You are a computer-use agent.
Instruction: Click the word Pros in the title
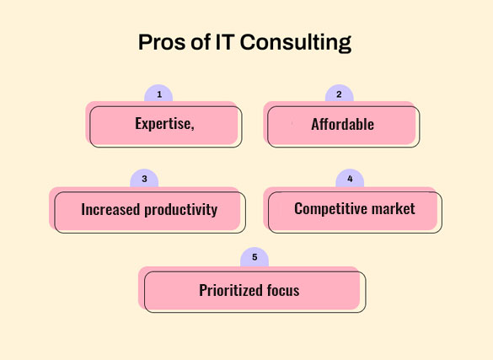pyautogui.click(x=163, y=42)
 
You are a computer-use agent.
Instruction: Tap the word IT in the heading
pyautogui.click(x=225, y=42)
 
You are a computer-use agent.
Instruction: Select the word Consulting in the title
pyautogui.click(x=296, y=43)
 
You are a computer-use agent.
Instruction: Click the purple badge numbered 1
pyautogui.click(x=158, y=93)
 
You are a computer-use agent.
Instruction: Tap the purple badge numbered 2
pyautogui.click(x=340, y=93)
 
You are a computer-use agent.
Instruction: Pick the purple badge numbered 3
pyautogui.click(x=144, y=178)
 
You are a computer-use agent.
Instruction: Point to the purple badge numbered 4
pyautogui.click(x=350, y=178)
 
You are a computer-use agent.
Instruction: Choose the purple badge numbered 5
pyautogui.click(x=255, y=257)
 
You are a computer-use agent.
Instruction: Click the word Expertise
pyautogui.click(x=163, y=124)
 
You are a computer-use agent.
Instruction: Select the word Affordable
pyautogui.click(x=343, y=124)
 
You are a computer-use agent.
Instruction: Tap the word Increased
pyautogui.click(x=110, y=209)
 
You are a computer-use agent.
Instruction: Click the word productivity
pyautogui.click(x=181, y=210)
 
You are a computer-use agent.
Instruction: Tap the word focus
pyautogui.click(x=283, y=290)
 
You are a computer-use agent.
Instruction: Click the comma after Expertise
pyautogui.click(x=192, y=128)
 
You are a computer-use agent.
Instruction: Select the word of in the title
pyautogui.click(x=201, y=42)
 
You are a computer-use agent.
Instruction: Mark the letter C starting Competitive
pyautogui.click(x=298, y=209)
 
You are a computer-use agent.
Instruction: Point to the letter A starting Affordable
pyautogui.click(x=315, y=124)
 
